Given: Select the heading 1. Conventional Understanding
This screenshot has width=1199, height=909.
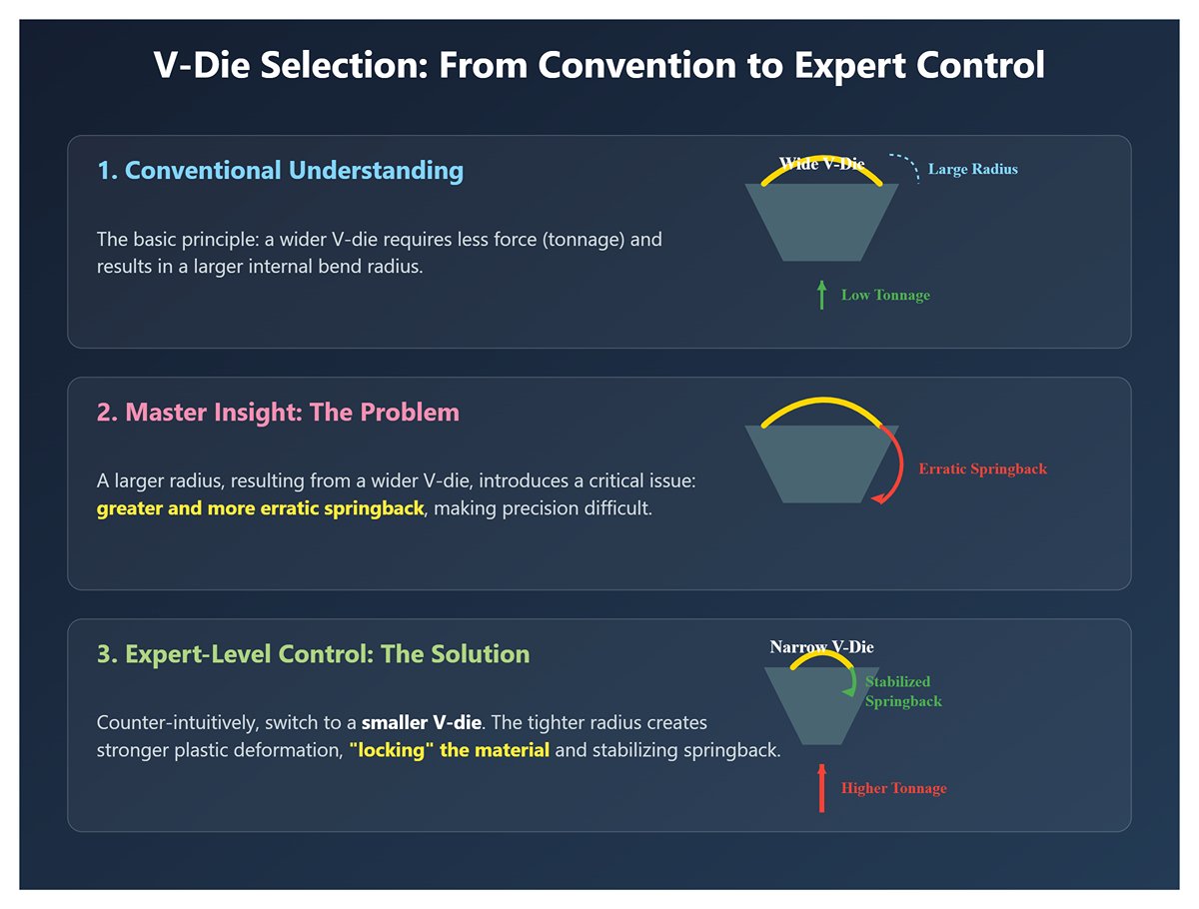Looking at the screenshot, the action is [x=280, y=170].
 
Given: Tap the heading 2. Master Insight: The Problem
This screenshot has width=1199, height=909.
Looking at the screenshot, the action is [x=278, y=412].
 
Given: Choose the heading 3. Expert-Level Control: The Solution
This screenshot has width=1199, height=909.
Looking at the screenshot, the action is [x=313, y=654].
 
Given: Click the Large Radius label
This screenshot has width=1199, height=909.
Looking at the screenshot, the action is [x=973, y=169].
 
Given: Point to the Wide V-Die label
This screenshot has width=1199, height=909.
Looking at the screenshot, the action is [x=821, y=163].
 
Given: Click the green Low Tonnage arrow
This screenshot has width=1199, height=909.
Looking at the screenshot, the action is [x=821, y=295].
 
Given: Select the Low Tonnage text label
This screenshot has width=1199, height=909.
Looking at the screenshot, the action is [x=885, y=295].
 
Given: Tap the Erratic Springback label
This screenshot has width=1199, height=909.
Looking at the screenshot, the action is [x=983, y=468].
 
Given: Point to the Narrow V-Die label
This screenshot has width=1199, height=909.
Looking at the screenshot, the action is [x=821, y=647].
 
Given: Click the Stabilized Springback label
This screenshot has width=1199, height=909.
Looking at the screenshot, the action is [x=903, y=691].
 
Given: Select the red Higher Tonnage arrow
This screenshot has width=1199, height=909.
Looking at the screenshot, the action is [x=821, y=788].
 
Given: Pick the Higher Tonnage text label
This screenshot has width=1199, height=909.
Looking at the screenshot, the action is [x=894, y=788].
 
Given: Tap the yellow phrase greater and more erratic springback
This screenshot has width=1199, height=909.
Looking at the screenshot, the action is [x=260, y=508].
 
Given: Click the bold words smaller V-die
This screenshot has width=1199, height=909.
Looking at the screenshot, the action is [x=422, y=722].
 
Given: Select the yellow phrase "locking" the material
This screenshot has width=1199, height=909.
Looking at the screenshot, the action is [x=449, y=749].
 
